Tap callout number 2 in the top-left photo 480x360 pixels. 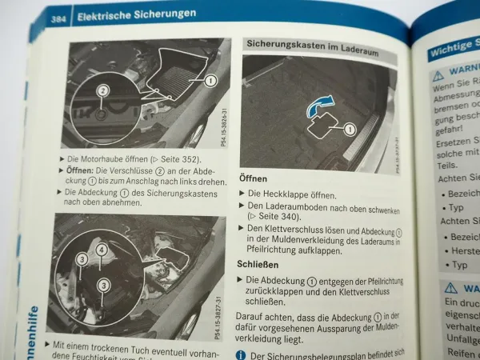click(x=102, y=90)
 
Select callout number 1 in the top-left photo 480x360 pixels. click(x=210, y=81)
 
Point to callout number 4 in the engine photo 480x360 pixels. click(x=102, y=250)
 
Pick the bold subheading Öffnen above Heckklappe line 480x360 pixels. click(x=254, y=178)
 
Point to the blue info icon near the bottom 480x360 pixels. click(x=242, y=354)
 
